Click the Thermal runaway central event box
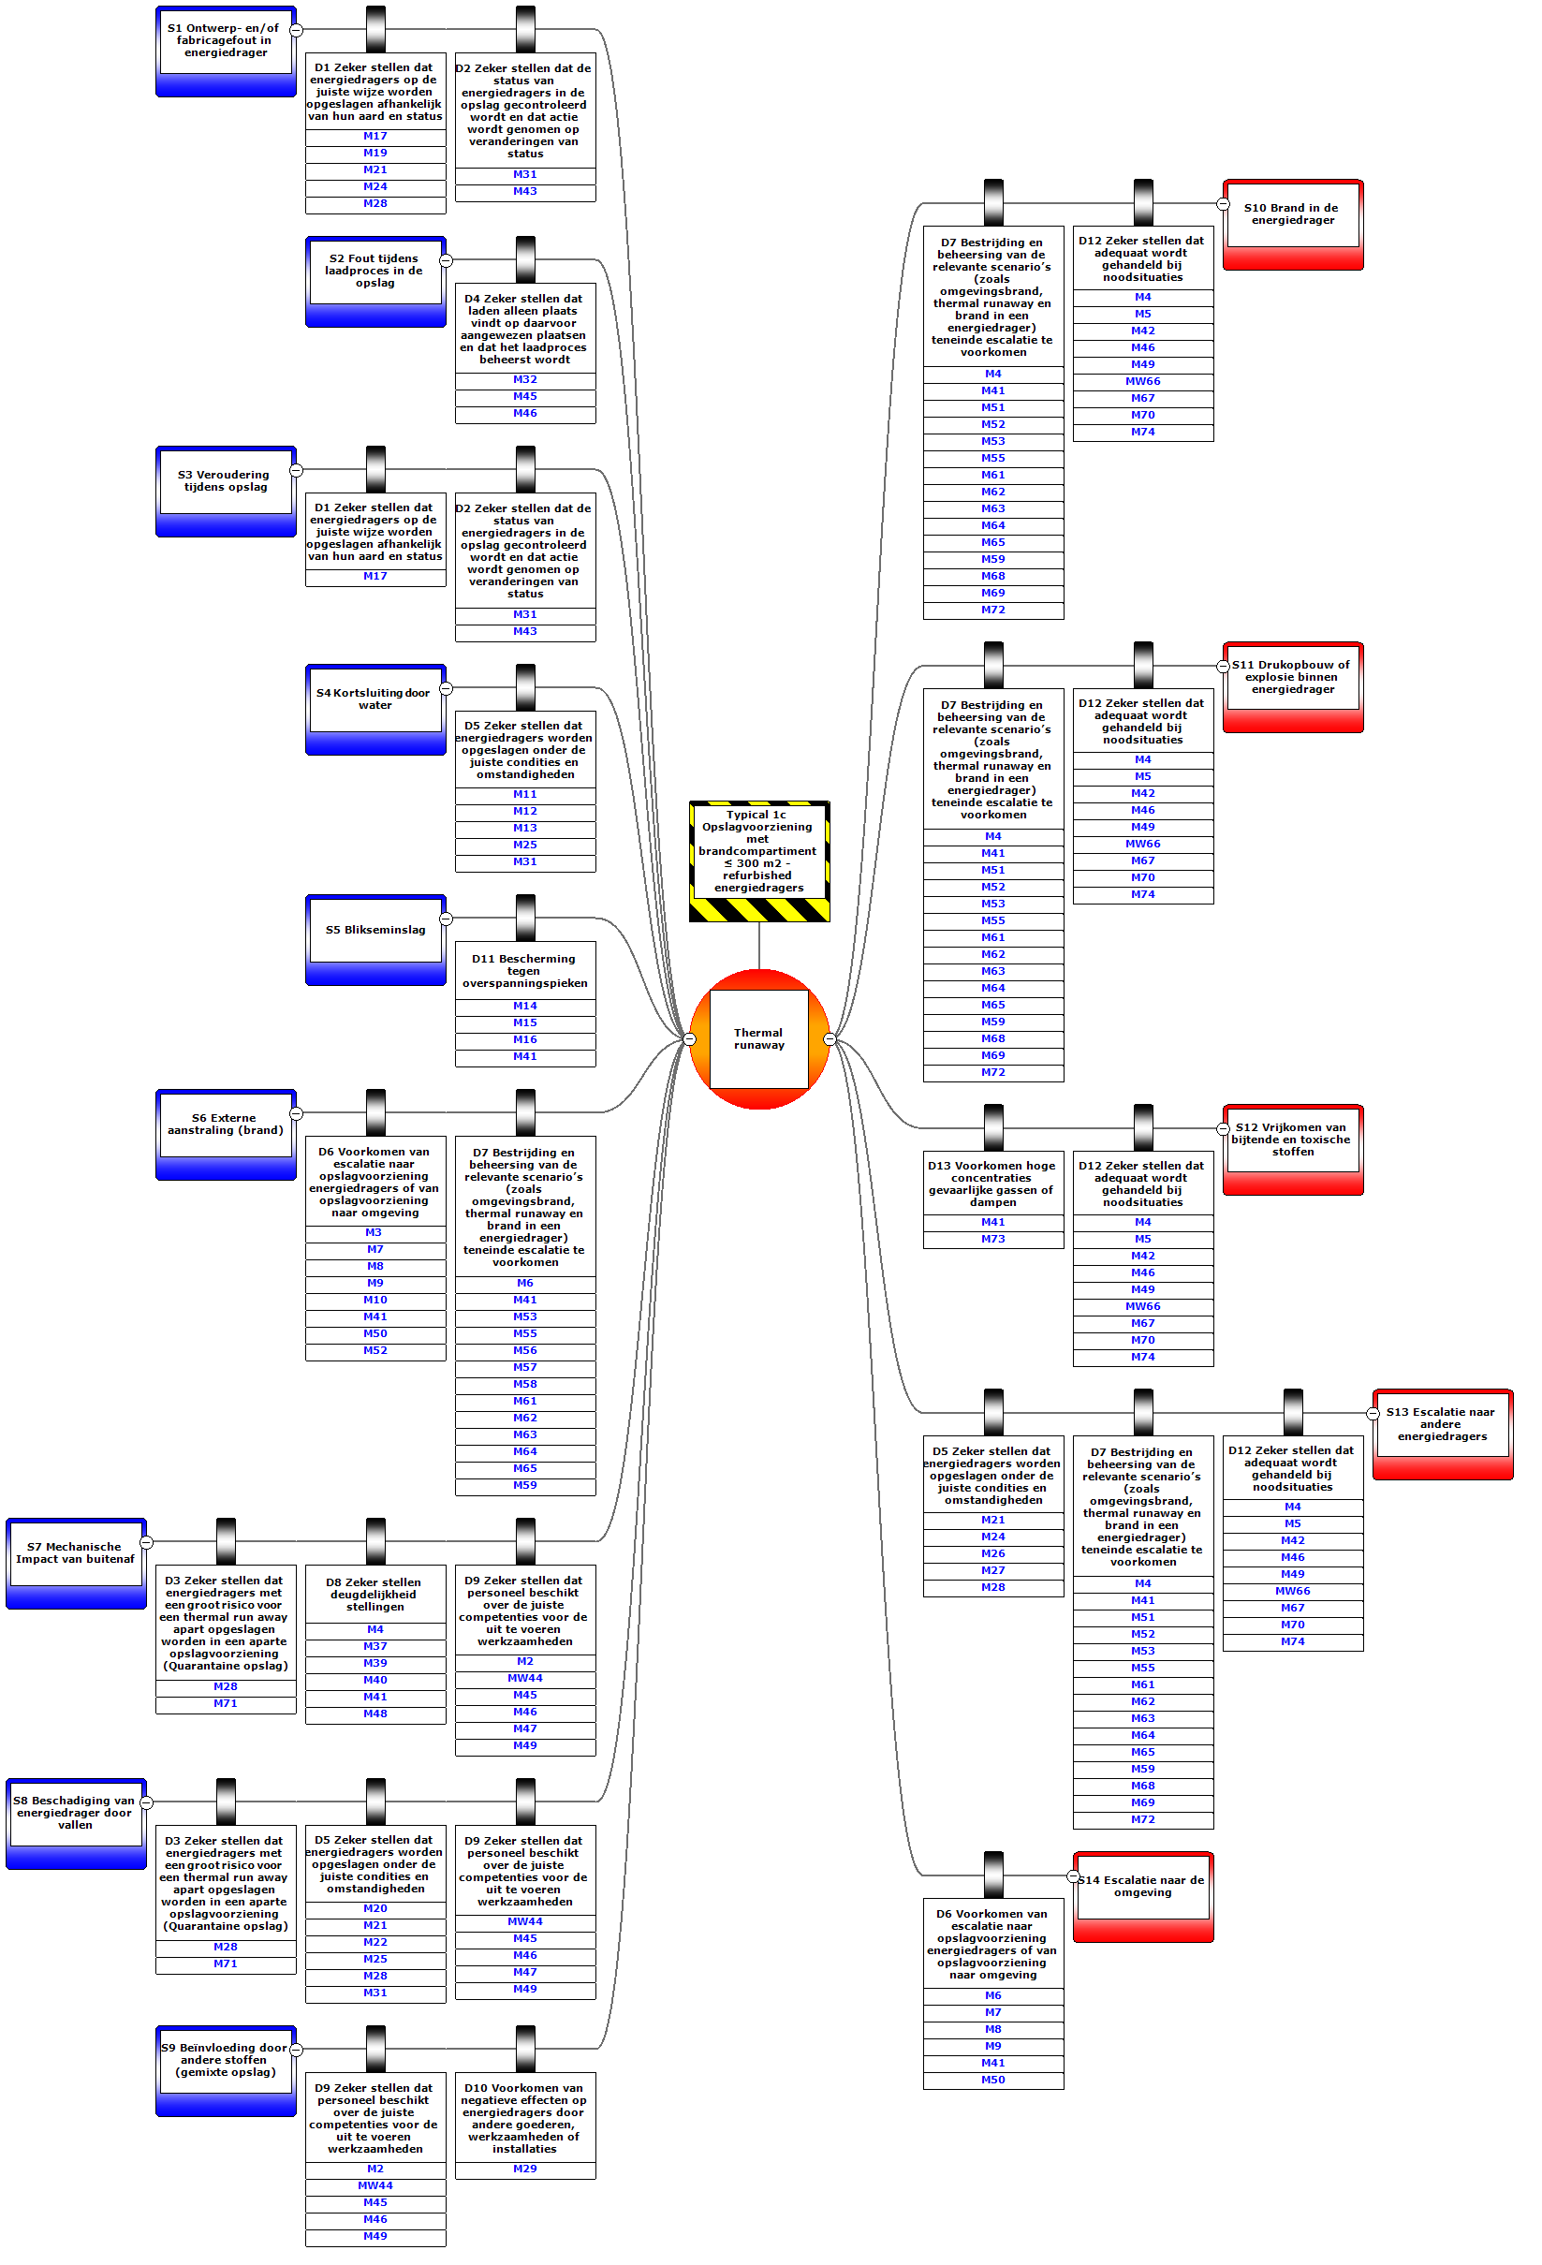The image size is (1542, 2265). [758, 1039]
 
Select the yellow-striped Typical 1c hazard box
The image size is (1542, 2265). [758, 852]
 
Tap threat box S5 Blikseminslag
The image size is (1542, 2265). [375, 931]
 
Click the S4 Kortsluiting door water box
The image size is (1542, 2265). [375, 699]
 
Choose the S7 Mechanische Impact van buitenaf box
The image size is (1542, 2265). [75, 1553]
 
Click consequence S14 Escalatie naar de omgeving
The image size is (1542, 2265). [1143, 1887]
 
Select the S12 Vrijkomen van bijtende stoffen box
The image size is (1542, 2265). [1292, 1140]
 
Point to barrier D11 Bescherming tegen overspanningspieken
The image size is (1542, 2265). [525, 971]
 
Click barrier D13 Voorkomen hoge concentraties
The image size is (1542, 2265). [992, 1184]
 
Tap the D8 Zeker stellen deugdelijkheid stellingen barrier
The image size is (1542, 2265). [375, 1595]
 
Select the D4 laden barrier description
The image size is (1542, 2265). [525, 330]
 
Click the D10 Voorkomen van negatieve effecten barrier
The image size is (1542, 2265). [525, 2118]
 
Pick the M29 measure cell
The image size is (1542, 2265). [525, 2169]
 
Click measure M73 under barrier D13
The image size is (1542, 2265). [992, 1240]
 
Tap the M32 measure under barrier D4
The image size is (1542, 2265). [525, 380]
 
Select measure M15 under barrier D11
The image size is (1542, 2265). [525, 1023]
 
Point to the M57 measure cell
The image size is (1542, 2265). [525, 1368]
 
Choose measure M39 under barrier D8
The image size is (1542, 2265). [375, 1664]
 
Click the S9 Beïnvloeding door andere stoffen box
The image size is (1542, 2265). [225, 2060]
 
